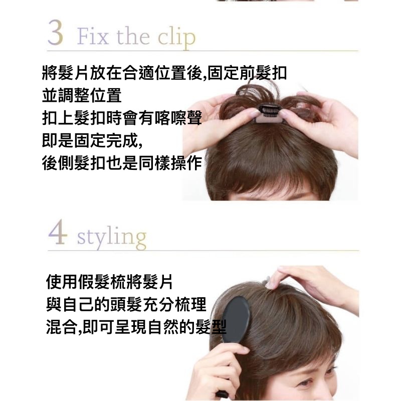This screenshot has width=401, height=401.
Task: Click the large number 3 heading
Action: click(55, 33)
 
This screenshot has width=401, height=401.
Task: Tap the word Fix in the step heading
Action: click(93, 37)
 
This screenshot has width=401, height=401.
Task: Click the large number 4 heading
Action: click(58, 232)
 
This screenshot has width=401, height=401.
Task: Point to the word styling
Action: click(112, 237)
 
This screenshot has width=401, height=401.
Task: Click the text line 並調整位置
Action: click(82, 96)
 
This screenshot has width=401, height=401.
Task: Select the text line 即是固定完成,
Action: click(92, 141)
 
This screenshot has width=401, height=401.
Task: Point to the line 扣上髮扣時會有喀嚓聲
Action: click(122, 118)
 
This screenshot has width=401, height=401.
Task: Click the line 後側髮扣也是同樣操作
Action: click(122, 163)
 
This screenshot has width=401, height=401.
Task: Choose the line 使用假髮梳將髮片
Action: click(109, 282)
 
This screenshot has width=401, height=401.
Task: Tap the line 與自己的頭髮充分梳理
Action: click(126, 304)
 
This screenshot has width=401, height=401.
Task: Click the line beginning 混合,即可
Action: click(136, 327)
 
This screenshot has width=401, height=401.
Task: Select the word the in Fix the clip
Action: click(133, 37)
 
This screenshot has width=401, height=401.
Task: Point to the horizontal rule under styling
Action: click(204, 251)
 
